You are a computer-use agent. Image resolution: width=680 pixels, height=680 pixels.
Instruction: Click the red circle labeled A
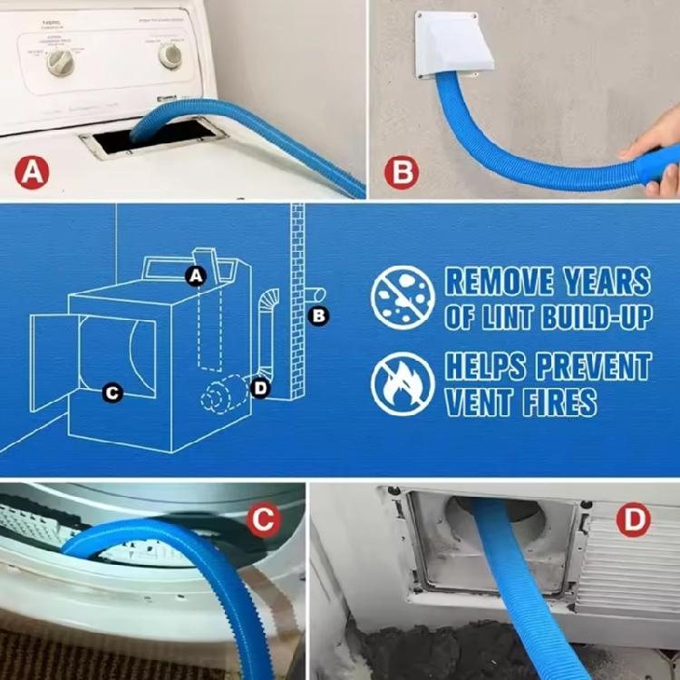point(33,171)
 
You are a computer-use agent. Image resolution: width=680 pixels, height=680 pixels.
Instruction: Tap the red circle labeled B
point(401,171)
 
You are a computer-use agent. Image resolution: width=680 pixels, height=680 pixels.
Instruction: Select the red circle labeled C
point(262,520)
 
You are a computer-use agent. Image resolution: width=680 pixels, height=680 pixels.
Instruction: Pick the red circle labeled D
point(633,520)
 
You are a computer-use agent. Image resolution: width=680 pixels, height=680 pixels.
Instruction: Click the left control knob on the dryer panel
point(60,62)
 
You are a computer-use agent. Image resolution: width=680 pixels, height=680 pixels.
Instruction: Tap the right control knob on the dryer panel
point(170,55)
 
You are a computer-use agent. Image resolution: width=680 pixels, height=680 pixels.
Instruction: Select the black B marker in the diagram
point(318,316)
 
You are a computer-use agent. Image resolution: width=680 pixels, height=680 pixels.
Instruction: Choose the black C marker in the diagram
point(112,393)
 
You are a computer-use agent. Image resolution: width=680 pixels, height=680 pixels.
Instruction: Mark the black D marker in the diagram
point(260,388)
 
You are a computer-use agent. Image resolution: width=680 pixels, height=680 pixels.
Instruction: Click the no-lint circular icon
point(403,296)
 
